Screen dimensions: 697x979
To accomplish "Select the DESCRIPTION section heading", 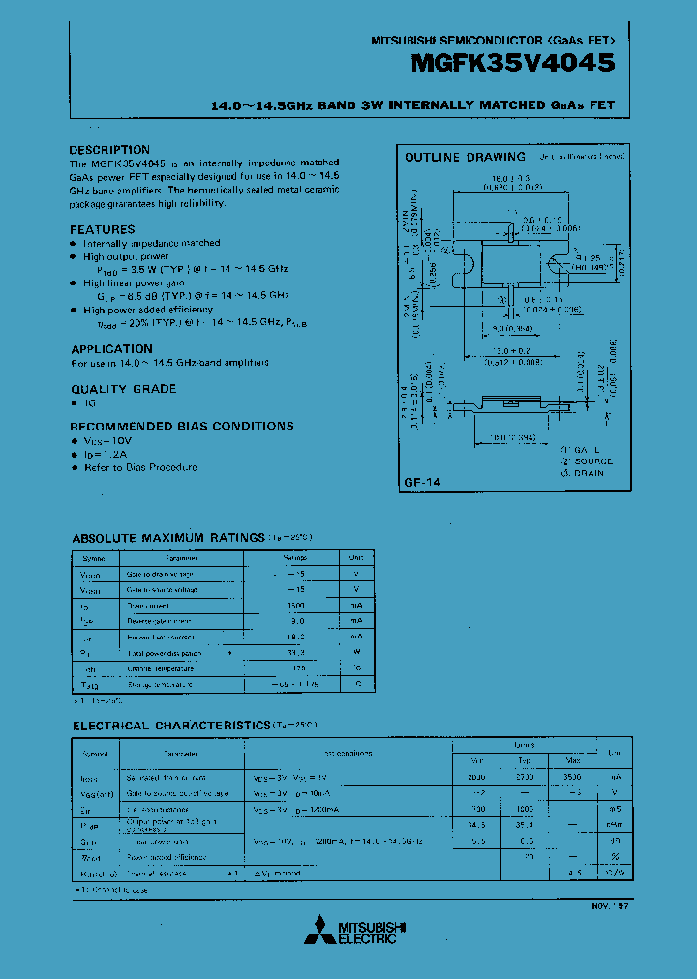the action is click(109, 150).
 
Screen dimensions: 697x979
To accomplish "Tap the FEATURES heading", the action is click(103, 229).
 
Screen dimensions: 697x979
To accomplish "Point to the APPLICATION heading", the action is click(111, 349).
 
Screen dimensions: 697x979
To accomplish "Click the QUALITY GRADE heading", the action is click(123, 388).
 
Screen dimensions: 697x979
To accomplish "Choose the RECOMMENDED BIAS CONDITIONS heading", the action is click(181, 426).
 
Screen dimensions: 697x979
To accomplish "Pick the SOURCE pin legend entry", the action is click(585, 461).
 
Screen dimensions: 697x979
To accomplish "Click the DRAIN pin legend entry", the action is click(582, 473).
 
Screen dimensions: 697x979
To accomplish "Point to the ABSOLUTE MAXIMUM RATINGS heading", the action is click(168, 537).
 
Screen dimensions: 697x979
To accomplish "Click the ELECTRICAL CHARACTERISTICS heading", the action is click(172, 725).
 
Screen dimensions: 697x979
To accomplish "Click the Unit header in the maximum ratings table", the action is click(356, 558).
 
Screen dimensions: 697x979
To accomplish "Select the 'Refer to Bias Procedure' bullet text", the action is click(139, 467).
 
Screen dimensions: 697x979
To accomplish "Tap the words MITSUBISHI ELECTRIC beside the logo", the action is click(372, 932).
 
